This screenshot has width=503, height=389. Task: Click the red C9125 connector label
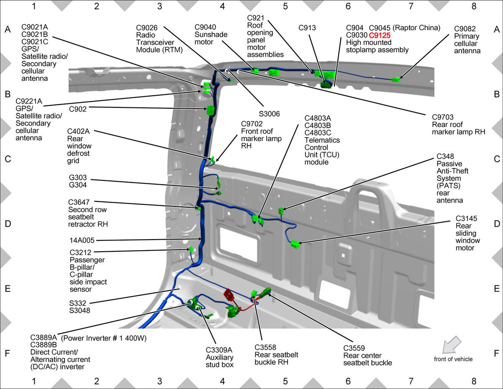tap(380, 35)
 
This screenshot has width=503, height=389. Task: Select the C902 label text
tap(78, 109)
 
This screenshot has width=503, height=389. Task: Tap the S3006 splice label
tap(269, 114)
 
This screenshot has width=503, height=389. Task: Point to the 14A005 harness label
tap(82, 240)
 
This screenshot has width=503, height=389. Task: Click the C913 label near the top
tap(307, 28)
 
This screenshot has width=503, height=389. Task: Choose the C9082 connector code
tap(465, 29)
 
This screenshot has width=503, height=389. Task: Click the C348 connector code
tap(445, 156)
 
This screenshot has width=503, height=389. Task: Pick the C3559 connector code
tap(354, 348)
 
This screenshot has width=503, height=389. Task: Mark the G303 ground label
tap(78, 178)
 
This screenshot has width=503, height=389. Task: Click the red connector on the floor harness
tap(229, 295)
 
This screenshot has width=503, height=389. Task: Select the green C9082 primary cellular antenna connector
tap(396, 80)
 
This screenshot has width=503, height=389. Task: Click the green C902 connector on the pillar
tap(210, 110)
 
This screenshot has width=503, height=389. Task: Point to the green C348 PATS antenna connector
tap(281, 211)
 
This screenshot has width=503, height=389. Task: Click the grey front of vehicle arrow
tap(451, 345)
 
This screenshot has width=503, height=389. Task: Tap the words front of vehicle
tap(453, 359)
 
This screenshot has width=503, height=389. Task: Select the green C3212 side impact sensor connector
tap(191, 249)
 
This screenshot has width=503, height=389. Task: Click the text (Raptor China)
tap(416, 28)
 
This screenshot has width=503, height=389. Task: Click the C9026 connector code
tap(147, 28)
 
